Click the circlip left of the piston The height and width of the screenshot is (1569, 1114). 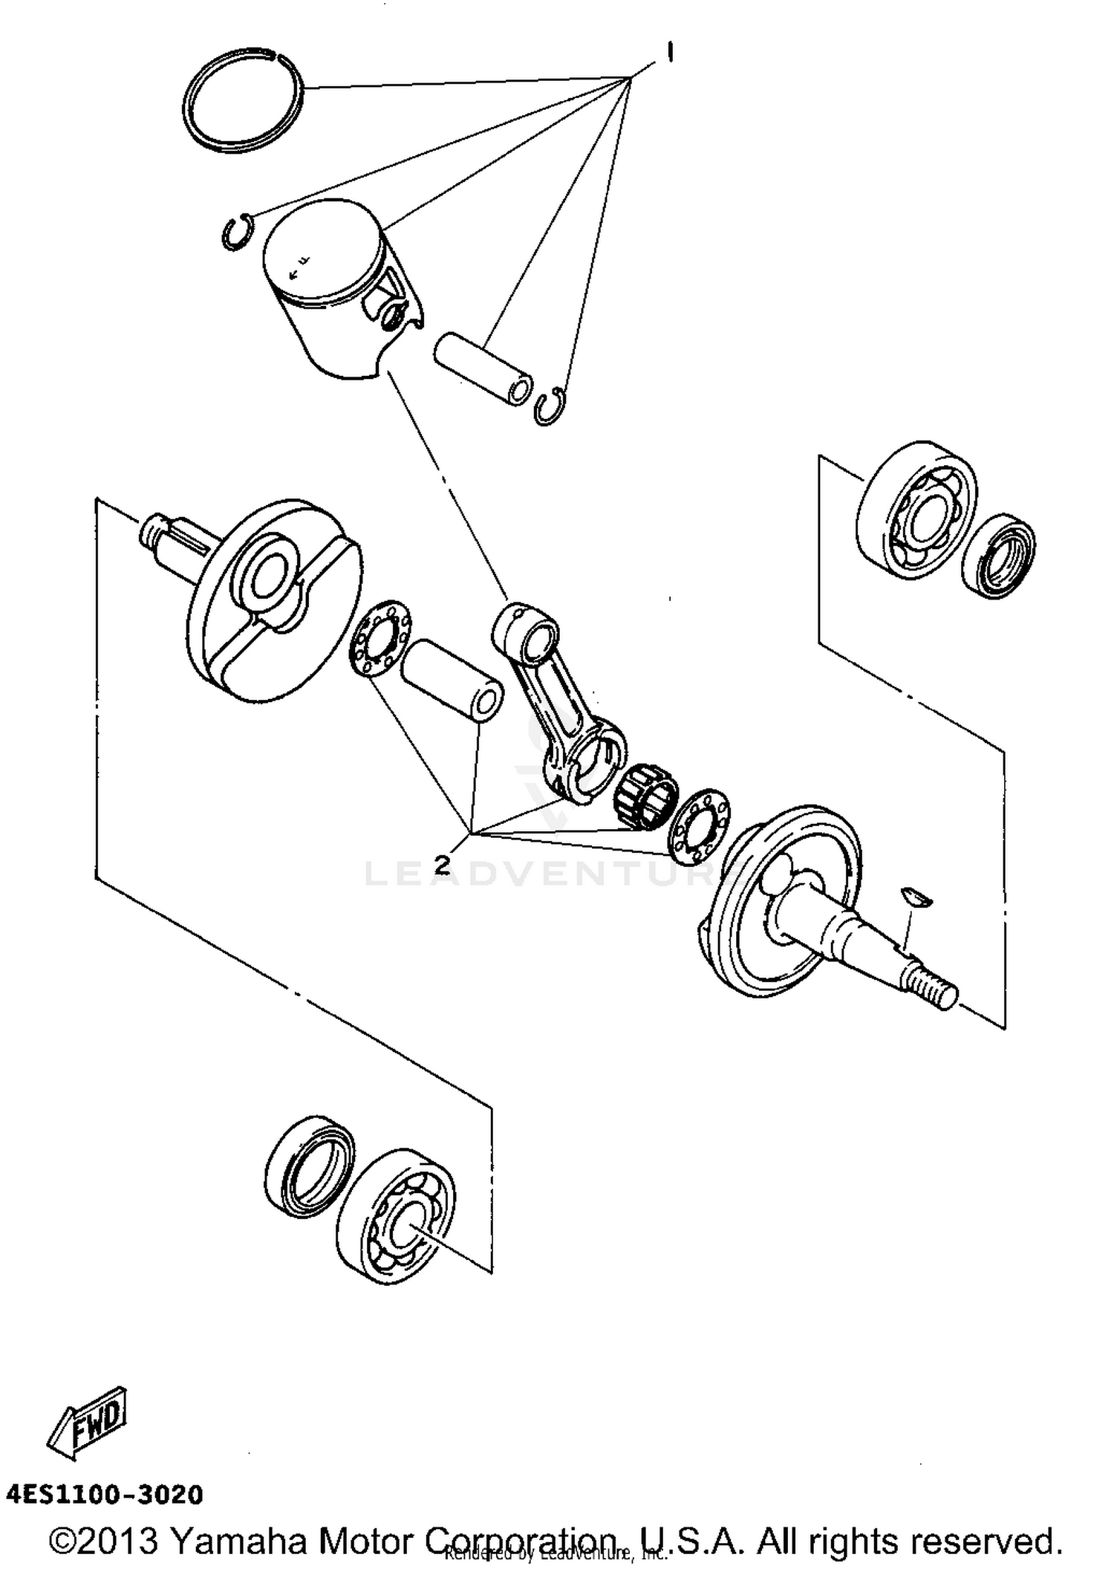pyautogui.click(x=237, y=232)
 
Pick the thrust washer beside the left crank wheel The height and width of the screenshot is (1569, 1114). pyautogui.click(x=380, y=637)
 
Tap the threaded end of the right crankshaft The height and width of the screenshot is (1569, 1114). pyautogui.click(x=931, y=988)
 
